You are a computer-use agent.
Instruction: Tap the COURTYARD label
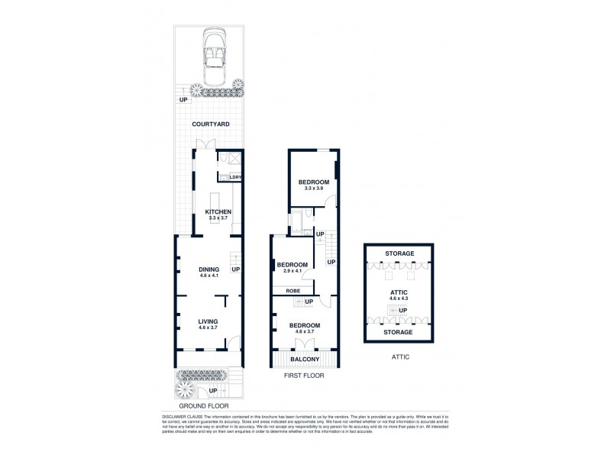tap(211, 124)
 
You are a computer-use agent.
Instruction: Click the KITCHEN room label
tap(218, 211)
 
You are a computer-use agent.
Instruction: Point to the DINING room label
tap(209, 269)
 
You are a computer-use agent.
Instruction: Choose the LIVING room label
tap(209, 321)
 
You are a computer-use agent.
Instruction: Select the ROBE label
tap(293, 291)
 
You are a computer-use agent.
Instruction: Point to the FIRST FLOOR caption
tap(304, 376)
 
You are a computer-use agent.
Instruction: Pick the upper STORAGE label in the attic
tap(399, 253)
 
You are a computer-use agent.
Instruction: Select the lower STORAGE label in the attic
tap(399, 332)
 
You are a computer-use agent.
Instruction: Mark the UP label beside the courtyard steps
tap(183, 100)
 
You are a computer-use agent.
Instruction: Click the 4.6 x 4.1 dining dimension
tap(209, 276)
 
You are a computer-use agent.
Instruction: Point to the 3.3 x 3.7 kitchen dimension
tap(218, 218)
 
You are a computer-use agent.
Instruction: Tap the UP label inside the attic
tap(402, 310)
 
